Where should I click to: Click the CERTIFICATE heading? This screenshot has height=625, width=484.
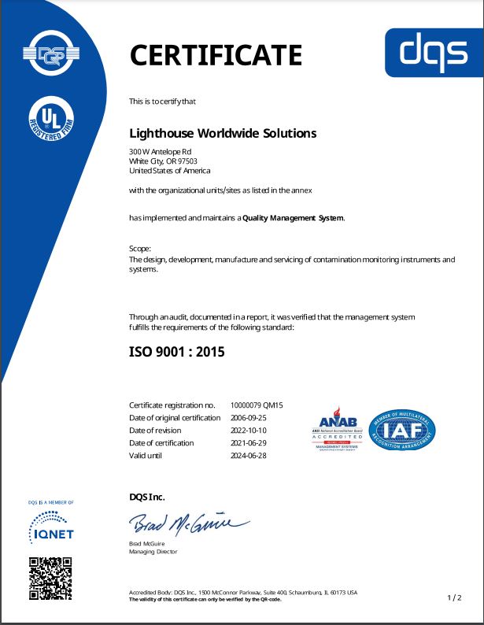click(215, 55)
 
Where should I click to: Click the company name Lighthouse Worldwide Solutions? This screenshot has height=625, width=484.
click(223, 133)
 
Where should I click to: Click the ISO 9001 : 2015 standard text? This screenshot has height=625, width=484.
click(177, 352)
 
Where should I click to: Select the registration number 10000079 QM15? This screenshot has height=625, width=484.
click(257, 405)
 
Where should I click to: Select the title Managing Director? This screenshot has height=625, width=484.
click(153, 552)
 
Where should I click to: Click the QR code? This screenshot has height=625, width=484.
click(50, 578)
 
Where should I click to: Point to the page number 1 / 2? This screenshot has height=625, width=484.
click(454, 598)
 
